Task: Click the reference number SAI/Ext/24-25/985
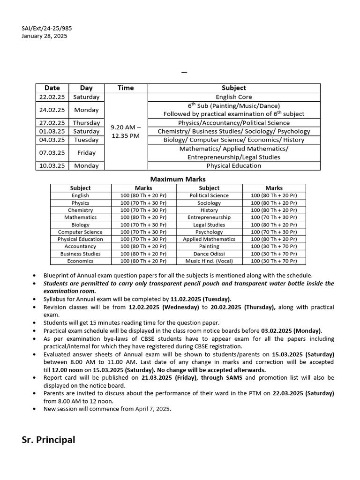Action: tap(47, 28)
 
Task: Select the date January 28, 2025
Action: tap(45, 36)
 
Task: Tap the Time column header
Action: tap(126, 88)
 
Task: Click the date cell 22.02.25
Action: tap(52, 97)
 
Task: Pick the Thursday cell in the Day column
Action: tap(86, 123)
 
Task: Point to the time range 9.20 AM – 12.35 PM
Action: tap(126, 131)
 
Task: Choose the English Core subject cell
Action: tap(233, 97)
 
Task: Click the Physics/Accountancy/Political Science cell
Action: tap(233, 123)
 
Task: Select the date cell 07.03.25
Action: tap(52, 152)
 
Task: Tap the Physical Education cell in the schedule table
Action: tap(233, 165)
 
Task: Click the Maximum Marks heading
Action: tap(178, 179)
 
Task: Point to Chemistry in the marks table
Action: tap(80, 210)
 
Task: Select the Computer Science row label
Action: tap(80, 232)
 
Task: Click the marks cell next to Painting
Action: tap(274, 246)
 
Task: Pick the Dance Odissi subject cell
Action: tap(209, 254)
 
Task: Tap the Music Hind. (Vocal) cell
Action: tap(209, 261)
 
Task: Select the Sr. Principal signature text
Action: tap(48, 440)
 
